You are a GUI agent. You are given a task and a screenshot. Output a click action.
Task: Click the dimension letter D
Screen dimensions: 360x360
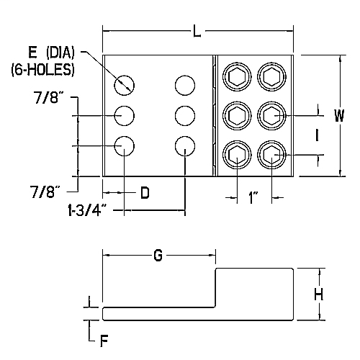tap(145, 193)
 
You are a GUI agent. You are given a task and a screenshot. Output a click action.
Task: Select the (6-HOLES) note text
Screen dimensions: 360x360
tap(41, 71)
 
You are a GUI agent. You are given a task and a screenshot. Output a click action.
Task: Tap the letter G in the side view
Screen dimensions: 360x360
tap(159, 256)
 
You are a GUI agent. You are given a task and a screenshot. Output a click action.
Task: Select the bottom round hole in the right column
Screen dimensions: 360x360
tap(185, 146)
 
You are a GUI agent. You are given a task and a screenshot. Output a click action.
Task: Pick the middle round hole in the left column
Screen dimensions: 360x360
tap(125, 115)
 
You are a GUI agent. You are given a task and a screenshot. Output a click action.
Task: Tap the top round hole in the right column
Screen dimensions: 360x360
tap(185, 84)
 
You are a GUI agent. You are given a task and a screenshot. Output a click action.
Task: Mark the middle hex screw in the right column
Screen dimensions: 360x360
tap(270, 114)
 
